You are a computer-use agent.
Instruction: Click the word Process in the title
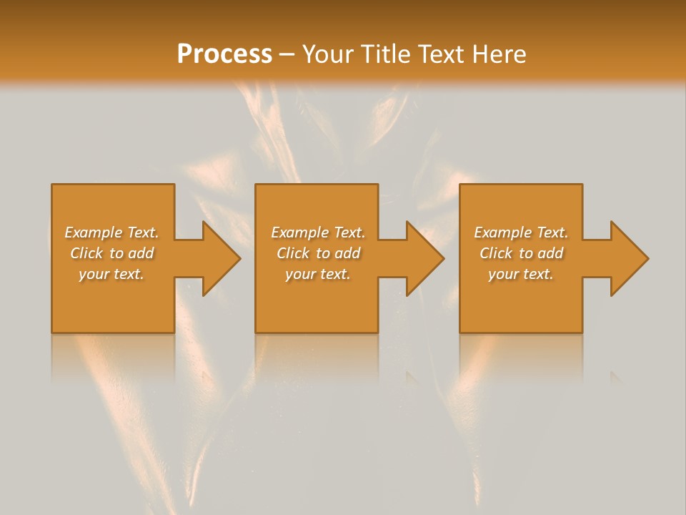coord(224,54)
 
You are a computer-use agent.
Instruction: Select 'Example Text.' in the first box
coord(111,232)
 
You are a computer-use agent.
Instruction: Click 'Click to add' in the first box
coord(111,253)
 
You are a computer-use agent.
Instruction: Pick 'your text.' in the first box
coord(111,274)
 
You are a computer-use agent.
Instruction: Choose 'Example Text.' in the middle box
coord(317,232)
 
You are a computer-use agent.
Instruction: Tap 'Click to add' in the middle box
coord(317,253)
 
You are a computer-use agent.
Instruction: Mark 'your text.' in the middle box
coord(317,274)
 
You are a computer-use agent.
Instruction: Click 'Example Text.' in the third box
coord(521,232)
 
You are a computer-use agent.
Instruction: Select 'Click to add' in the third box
coord(521,253)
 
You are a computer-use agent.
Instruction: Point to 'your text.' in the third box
coord(521,274)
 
